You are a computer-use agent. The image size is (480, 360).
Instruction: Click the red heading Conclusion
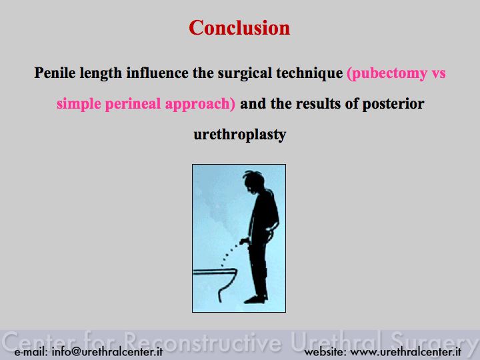(239, 28)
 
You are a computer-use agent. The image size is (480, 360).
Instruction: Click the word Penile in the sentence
(55, 73)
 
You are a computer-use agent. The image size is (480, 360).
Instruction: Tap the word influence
(157, 73)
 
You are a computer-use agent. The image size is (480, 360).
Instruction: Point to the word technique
(310, 73)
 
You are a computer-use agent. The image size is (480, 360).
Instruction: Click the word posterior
(393, 104)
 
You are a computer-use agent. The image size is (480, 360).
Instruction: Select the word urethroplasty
(240, 135)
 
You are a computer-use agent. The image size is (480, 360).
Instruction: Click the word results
(318, 103)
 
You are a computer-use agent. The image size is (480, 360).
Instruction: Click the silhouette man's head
(253, 182)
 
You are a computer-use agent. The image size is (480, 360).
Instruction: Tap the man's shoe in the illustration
(256, 299)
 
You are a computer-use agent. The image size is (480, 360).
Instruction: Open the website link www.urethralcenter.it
(405, 352)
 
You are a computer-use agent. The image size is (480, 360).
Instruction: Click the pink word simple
(79, 104)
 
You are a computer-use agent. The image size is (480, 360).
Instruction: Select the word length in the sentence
(101, 73)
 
